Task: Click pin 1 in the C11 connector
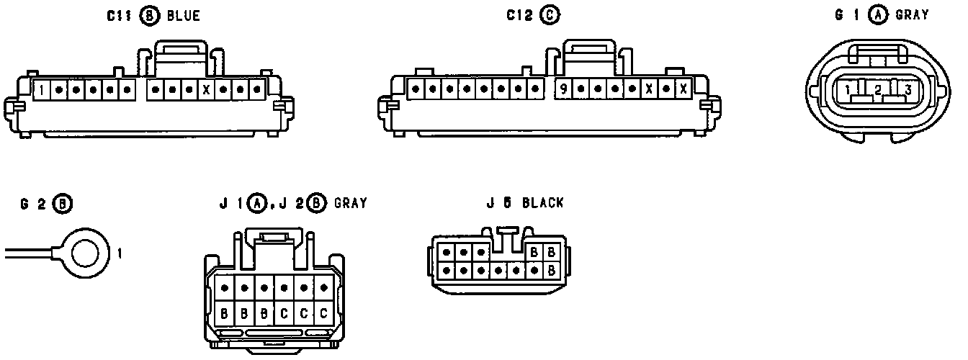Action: point(43,91)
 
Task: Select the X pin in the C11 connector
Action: point(206,91)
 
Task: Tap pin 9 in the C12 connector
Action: point(563,90)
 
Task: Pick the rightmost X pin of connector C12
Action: point(683,90)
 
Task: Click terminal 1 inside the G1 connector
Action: point(850,90)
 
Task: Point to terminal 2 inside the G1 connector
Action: point(878,90)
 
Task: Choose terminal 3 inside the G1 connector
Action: point(907,90)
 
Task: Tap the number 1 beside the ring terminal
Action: point(119,253)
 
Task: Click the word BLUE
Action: point(183,15)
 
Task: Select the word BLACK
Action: point(542,203)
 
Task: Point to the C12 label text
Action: point(520,15)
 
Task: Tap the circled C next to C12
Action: point(551,15)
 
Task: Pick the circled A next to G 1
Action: point(877,15)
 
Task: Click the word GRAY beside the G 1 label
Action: point(912,15)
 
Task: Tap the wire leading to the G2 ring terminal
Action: point(29,252)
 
